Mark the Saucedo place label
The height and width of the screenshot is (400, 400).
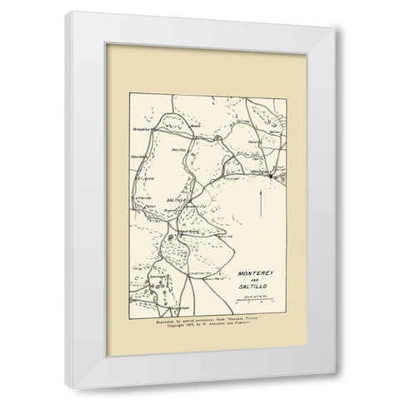[139, 155]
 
